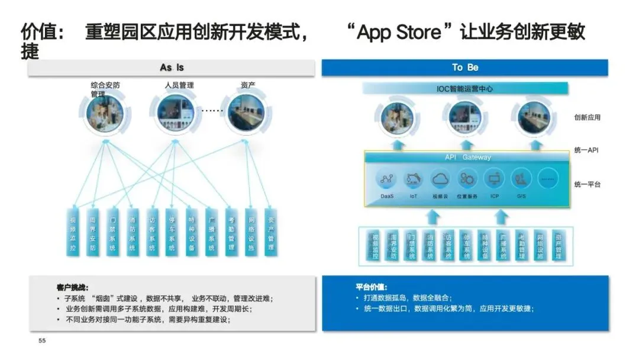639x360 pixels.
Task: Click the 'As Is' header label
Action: click(172, 67)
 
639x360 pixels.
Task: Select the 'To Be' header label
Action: click(465, 67)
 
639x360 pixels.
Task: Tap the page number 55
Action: click(42, 340)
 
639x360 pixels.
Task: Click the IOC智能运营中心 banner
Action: click(465, 89)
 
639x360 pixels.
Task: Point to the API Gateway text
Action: click(467, 157)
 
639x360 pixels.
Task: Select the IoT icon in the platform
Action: click(414, 179)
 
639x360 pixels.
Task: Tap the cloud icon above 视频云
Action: click(440, 179)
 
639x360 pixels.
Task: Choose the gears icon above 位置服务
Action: click(467, 179)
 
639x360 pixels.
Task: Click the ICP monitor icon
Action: click(494, 179)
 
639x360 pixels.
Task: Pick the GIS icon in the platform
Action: click(521, 179)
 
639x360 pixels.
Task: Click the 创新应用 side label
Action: click(587, 117)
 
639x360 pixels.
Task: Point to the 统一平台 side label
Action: click(587, 185)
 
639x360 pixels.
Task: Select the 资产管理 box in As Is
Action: click(270, 232)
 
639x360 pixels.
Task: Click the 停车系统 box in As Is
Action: click(172, 232)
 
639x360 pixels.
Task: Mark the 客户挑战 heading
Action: click(73, 287)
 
